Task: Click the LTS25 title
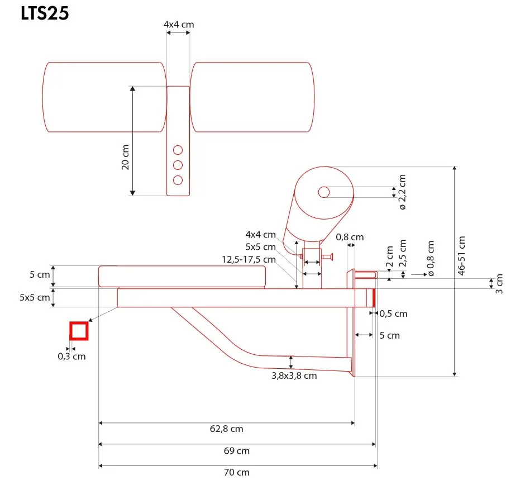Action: tap(45, 13)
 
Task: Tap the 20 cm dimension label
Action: tap(125, 157)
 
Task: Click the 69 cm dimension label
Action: tap(237, 450)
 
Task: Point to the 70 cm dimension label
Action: tap(237, 472)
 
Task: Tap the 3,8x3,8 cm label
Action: tap(294, 376)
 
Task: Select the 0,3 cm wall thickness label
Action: tap(72, 356)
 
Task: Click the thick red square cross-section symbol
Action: tap(79, 331)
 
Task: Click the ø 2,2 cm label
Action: tap(403, 192)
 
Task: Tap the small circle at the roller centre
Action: tap(324, 192)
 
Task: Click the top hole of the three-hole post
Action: tap(178, 150)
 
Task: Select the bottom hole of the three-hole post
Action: tap(178, 180)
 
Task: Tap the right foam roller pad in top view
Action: tap(251, 97)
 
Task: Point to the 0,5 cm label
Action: tap(393, 313)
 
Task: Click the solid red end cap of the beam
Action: tap(373, 298)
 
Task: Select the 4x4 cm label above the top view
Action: tap(179, 25)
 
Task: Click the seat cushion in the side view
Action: tap(182, 276)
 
